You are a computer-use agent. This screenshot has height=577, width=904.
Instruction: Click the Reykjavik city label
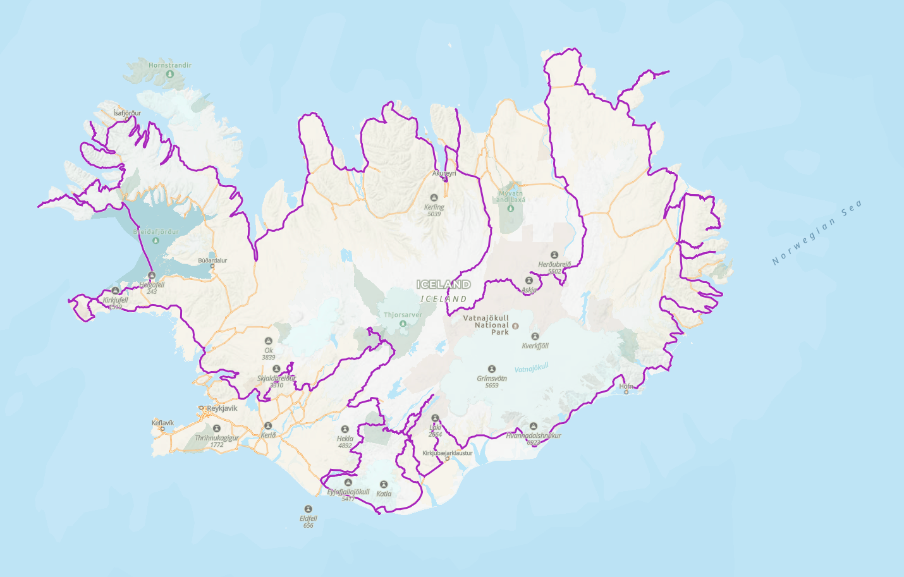[x=222, y=408]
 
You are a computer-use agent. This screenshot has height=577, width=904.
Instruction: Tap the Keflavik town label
[x=162, y=423]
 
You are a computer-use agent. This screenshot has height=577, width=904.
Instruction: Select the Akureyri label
[x=444, y=173]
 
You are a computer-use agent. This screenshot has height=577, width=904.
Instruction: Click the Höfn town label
[x=626, y=386]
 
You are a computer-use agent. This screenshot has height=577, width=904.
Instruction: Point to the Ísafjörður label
[x=127, y=113]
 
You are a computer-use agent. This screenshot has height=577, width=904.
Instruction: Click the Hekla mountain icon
[x=345, y=429]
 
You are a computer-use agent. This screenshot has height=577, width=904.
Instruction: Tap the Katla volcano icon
[x=384, y=485]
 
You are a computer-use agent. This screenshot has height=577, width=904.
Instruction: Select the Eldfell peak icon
[x=308, y=509]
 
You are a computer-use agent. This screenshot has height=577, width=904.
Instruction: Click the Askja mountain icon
[x=529, y=281]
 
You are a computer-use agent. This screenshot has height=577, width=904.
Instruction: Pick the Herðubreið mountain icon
[x=554, y=255]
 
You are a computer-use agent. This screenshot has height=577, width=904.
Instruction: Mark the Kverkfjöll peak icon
[x=535, y=336]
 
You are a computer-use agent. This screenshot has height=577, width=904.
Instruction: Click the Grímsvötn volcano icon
[x=492, y=369]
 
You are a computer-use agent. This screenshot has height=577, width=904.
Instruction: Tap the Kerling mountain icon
[x=434, y=198]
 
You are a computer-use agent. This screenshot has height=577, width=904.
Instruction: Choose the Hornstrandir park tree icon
[x=169, y=74]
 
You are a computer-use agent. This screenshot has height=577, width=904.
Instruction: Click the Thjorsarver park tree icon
[x=403, y=324]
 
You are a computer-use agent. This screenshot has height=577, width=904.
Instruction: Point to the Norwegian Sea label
[x=817, y=233]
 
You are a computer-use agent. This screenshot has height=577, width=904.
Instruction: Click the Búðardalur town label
[x=212, y=260]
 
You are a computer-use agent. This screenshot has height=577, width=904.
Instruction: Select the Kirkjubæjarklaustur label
[x=447, y=453]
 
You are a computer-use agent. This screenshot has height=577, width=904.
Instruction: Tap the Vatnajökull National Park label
[x=486, y=325]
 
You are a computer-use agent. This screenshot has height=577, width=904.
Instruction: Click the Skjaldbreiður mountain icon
[x=276, y=369]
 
